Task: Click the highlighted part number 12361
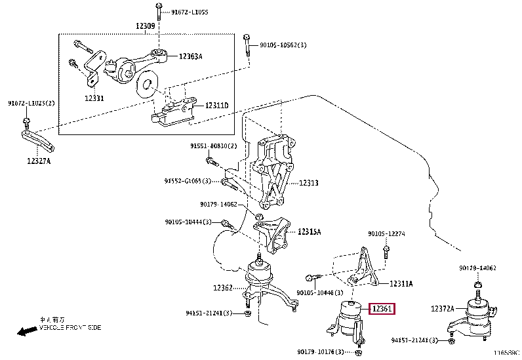point(383,308)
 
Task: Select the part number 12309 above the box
point(145,26)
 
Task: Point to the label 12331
point(94,98)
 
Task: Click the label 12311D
point(216,106)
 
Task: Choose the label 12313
point(308,184)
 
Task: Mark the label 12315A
point(310,231)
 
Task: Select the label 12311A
point(401,283)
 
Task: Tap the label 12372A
point(443,308)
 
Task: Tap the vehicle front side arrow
point(27,330)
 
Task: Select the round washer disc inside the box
point(147,83)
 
